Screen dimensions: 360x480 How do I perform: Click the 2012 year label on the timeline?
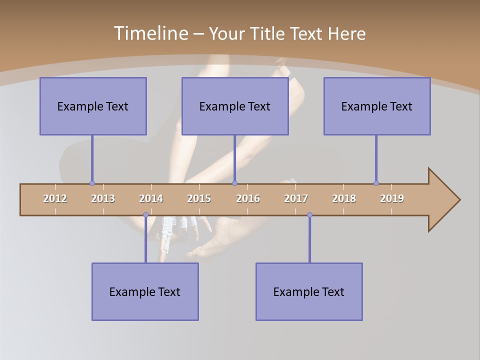point(55,198)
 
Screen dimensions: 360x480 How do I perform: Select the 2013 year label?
point(103,198)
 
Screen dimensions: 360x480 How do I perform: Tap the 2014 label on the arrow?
point(151,198)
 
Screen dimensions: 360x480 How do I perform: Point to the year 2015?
point(199,198)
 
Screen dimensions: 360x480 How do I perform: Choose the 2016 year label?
point(248,198)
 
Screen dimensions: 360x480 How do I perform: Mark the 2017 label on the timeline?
point(296,198)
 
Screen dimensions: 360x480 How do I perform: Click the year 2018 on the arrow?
point(344,198)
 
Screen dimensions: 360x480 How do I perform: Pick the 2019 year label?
point(392,198)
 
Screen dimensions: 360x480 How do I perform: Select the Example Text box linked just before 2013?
point(93,106)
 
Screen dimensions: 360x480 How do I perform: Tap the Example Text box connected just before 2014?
point(145,291)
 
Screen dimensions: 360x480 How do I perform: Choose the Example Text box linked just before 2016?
point(235,106)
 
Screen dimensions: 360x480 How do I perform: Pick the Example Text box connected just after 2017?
point(309,291)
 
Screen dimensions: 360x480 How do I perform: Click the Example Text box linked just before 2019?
point(377,106)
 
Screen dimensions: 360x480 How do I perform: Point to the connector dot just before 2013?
point(92,183)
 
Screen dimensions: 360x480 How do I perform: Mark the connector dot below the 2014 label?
point(145,215)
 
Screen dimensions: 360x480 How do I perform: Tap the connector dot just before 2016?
point(234,183)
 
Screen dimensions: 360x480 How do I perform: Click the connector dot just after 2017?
point(309,215)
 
